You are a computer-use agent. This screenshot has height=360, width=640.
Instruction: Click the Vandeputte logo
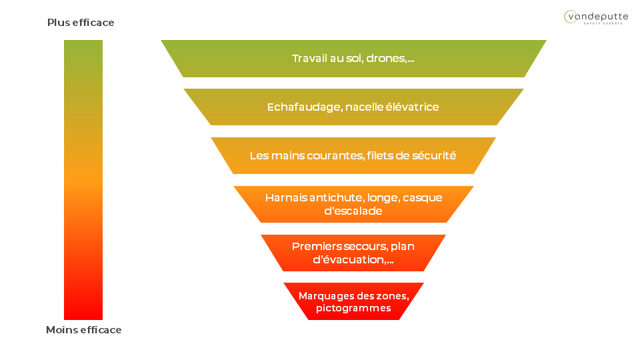[595, 17]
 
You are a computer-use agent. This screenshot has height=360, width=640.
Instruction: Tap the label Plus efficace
[81, 23]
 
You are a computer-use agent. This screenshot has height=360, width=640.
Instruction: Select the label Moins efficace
[83, 330]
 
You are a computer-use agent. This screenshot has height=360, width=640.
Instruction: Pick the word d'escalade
[353, 211]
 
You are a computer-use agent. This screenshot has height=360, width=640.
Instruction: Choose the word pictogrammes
[353, 309]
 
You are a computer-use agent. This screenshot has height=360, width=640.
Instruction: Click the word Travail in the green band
[311, 59]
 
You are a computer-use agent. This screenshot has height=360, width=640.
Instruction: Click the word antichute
[337, 197]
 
